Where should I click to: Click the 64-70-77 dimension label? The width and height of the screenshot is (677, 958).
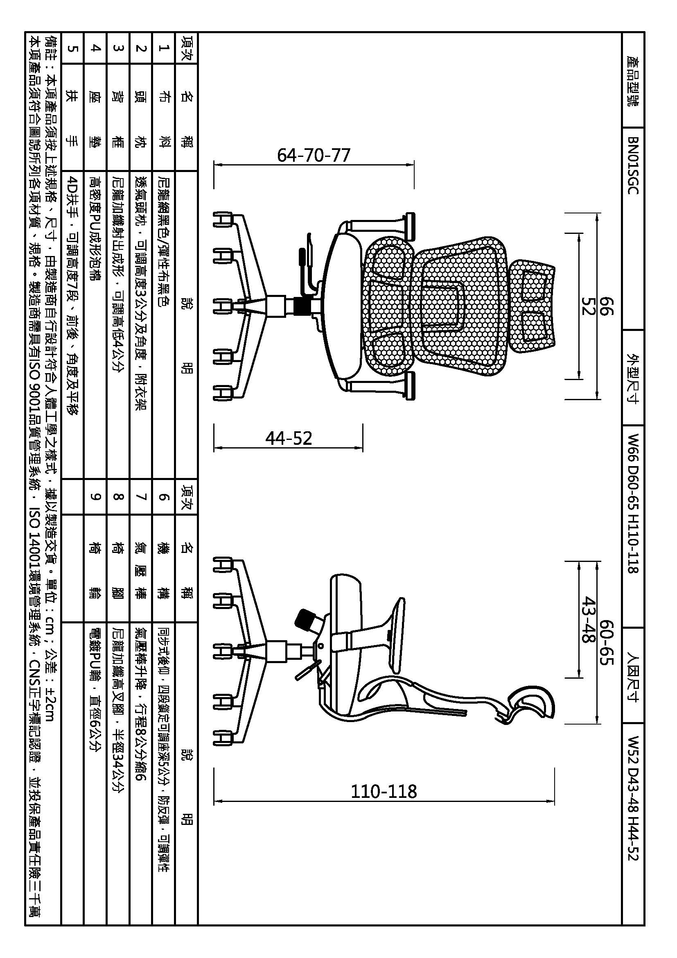(x=314, y=155)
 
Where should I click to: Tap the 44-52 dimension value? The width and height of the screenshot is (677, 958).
(x=289, y=438)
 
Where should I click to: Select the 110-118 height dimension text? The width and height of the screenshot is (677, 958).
(x=384, y=792)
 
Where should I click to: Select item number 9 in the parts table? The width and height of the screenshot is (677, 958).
(x=95, y=496)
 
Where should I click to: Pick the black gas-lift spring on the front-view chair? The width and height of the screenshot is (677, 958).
(x=301, y=306)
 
